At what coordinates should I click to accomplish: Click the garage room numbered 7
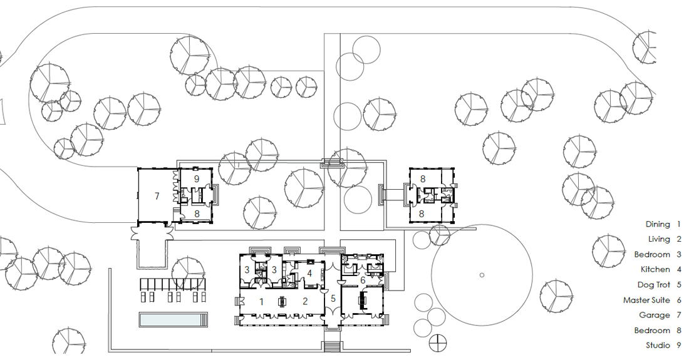(x=157, y=196)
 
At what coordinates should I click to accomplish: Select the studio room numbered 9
(x=197, y=178)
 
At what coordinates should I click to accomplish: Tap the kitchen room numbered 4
(x=309, y=274)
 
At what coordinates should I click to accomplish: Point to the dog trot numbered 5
(x=333, y=299)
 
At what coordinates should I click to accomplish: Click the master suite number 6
(x=363, y=280)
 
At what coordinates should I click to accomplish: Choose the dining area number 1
(x=261, y=302)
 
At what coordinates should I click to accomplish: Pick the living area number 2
(x=305, y=302)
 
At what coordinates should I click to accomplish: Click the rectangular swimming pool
(x=173, y=319)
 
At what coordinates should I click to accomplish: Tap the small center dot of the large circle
(x=482, y=275)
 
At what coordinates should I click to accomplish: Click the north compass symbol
(x=437, y=342)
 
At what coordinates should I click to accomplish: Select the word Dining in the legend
(x=658, y=224)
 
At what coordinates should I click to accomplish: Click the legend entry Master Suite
(x=646, y=301)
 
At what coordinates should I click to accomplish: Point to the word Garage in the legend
(x=655, y=316)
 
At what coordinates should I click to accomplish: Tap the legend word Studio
(x=658, y=346)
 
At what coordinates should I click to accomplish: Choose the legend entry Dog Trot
(x=654, y=285)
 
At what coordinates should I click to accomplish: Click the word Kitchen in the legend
(x=655, y=270)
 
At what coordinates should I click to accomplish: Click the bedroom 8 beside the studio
(x=197, y=213)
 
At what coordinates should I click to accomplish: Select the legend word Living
(x=659, y=239)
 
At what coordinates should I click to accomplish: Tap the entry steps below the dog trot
(x=333, y=347)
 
